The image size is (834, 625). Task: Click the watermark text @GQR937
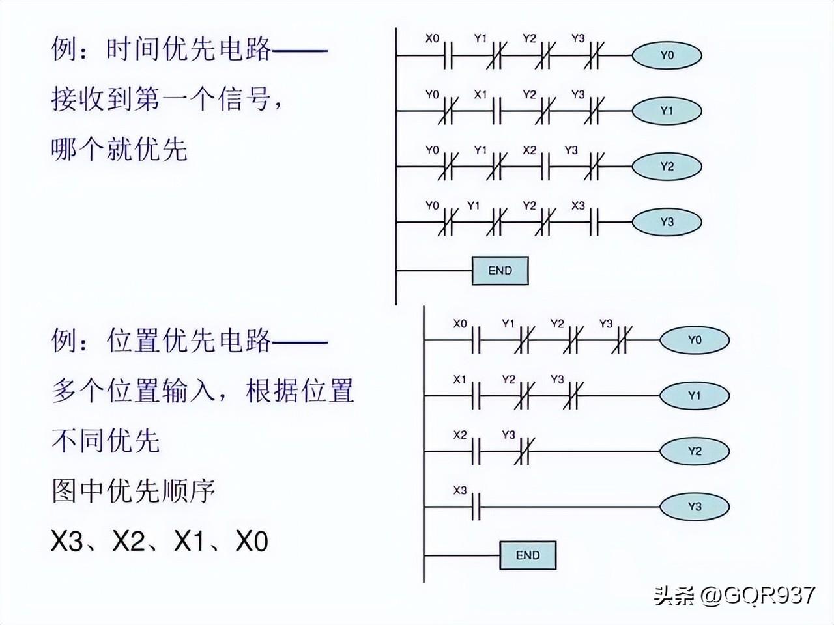[x=758, y=594]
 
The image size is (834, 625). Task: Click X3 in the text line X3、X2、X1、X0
[x=67, y=541]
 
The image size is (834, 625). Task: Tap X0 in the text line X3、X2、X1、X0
[x=252, y=541]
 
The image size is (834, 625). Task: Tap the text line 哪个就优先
[x=119, y=149]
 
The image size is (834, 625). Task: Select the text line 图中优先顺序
[x=133, y=490]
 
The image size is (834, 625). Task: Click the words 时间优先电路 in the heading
[x=188, y=49]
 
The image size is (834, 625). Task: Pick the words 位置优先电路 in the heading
[x=188, y=340]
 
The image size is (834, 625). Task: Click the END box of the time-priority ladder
[x=500, y=271]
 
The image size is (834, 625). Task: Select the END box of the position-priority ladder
[x=528, y=555]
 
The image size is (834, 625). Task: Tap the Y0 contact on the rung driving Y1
[x=447, y=111]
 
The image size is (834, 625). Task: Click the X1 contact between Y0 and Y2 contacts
[x=496, y=111]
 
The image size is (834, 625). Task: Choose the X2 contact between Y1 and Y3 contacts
[x=545, y=167]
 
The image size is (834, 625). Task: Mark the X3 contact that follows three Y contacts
[x=593, y=222]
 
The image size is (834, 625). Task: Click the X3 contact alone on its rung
[x=475, y=507]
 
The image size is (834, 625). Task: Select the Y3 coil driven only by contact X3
[x=695, y=507]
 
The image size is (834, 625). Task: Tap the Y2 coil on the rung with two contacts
[x=695, y=451]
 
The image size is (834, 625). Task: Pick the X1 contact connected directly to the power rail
[x=475, y=395]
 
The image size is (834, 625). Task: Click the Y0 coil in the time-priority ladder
[x=667, y=56]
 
